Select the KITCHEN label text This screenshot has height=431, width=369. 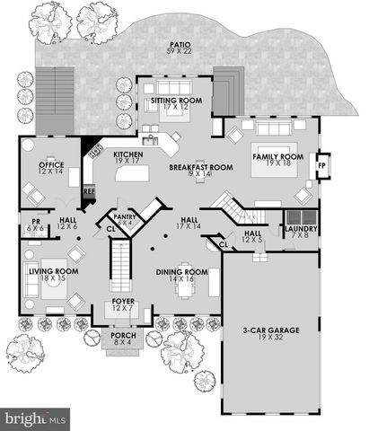(x=129, y=154)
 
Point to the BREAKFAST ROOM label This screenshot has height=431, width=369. (x=202, y=167)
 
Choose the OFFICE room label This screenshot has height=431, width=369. (x=49, y=165)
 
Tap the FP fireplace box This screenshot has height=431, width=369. (x=321, y=167)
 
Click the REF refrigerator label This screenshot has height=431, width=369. (x=89, y=190)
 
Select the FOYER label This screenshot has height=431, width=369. (x=122, y=302)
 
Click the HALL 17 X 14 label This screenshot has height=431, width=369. (x=189, y=220)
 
